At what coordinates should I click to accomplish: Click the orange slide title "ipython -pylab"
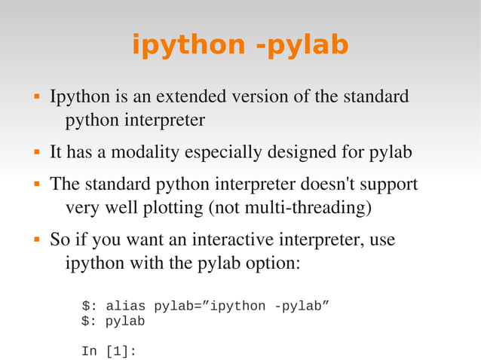click(240, 45)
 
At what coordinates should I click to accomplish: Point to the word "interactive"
click(232, 241)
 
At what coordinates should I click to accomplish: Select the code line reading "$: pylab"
click(113, 322)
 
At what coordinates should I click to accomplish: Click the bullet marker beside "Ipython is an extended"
click(35, 98)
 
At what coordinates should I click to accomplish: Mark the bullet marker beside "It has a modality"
click(35, 154)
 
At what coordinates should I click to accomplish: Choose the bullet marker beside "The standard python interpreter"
click(35, 185)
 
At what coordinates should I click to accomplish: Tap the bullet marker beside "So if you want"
click(35, 242)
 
